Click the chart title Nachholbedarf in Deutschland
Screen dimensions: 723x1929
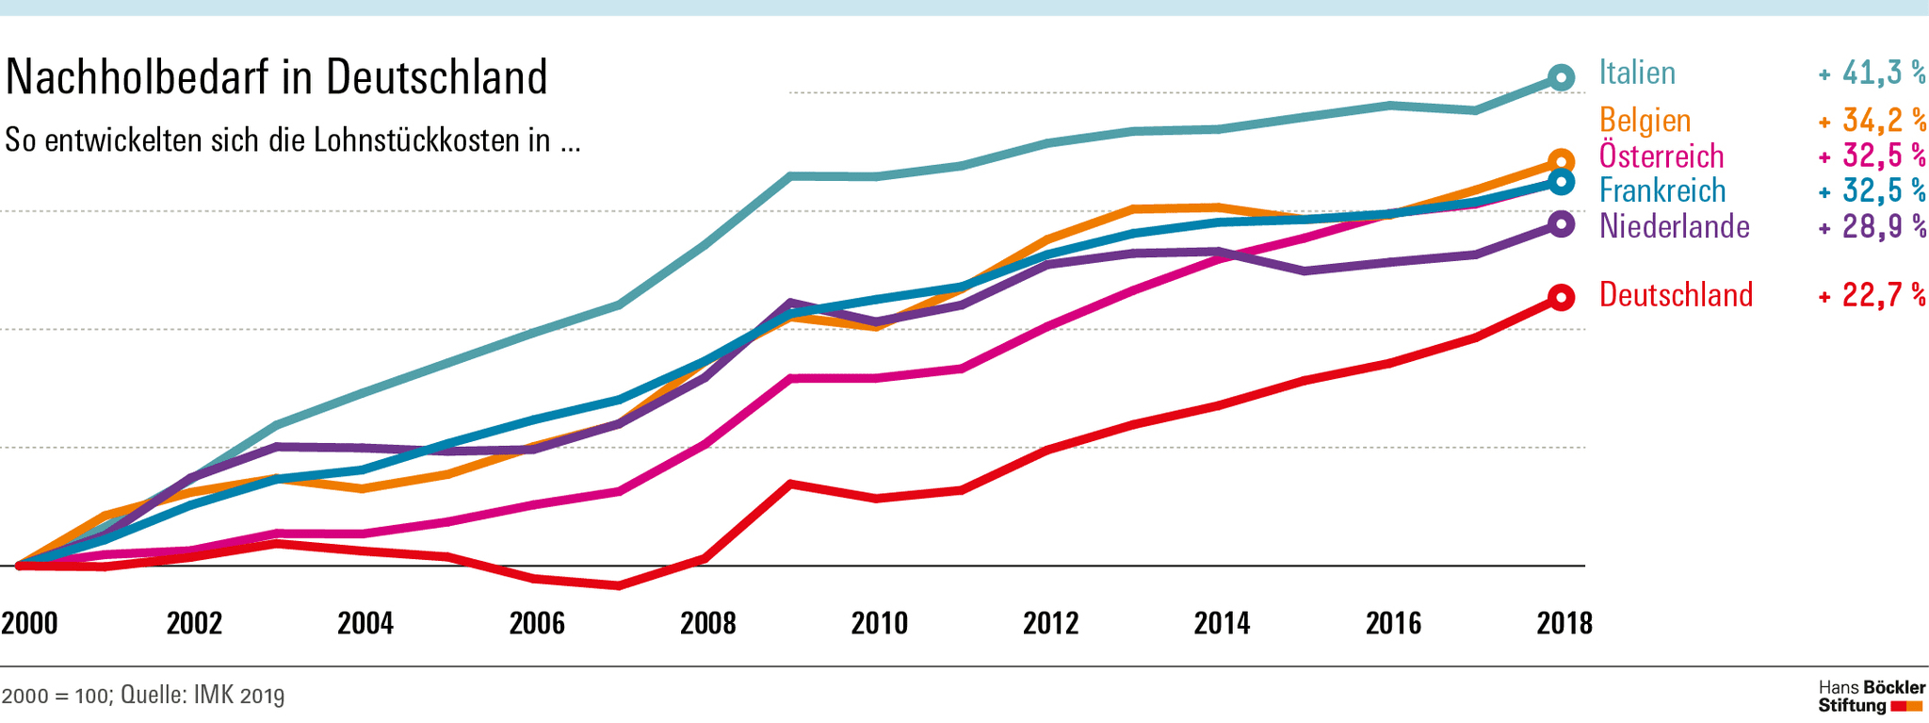click(276, 77)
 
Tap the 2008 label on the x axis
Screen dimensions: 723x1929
click(708, 623)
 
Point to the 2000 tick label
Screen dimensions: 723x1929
click(29, 623)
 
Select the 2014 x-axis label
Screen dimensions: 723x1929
click(1222, 623)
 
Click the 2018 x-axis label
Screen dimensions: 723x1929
click(1564, 623)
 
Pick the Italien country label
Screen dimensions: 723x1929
click(1637, 73)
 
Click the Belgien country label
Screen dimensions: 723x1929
click(1645, 120)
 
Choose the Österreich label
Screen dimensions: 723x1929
click(1662, 156)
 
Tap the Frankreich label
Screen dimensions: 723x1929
click(1662, 190)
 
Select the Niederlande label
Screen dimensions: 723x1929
click(1674, 226)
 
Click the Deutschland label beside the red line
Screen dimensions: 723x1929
click(1676, 295)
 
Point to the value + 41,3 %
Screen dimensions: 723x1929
click(1872, 73)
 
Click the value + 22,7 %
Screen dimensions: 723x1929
click(1872, 295)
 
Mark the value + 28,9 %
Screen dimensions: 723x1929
click(1872, 226)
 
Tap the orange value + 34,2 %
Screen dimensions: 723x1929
click(1872, 120)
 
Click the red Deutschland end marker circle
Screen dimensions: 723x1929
click(1561, 298)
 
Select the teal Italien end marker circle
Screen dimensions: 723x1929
click(1561, 77)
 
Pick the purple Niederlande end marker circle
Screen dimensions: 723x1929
click(1561, 224)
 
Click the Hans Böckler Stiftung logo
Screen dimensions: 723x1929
click(1871, 697)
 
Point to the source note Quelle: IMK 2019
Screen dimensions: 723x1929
click(203, 696)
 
